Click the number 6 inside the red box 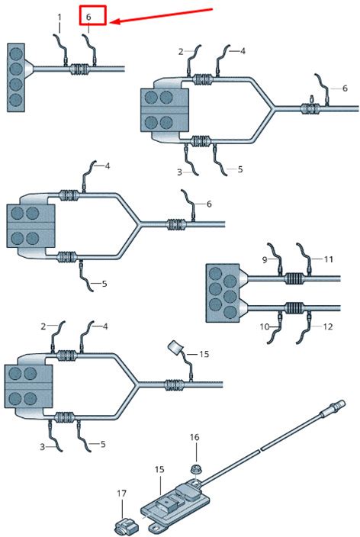[88, 17]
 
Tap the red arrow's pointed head [111, 22]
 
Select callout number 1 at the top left [59, 17]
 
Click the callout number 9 [265, 260]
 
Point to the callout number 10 [265, 326]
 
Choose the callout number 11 [329, 259]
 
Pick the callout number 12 [328, 326]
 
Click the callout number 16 [194, 437]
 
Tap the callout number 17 [121, 494]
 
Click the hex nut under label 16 [196, 468]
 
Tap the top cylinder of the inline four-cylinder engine [16, 53]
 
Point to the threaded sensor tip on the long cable [337, 404]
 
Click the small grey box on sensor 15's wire [175, 348]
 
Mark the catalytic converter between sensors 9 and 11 [294, 278]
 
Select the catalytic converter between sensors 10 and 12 [294, 307]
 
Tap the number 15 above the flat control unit [159, 470]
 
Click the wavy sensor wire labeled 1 [61, 48]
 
